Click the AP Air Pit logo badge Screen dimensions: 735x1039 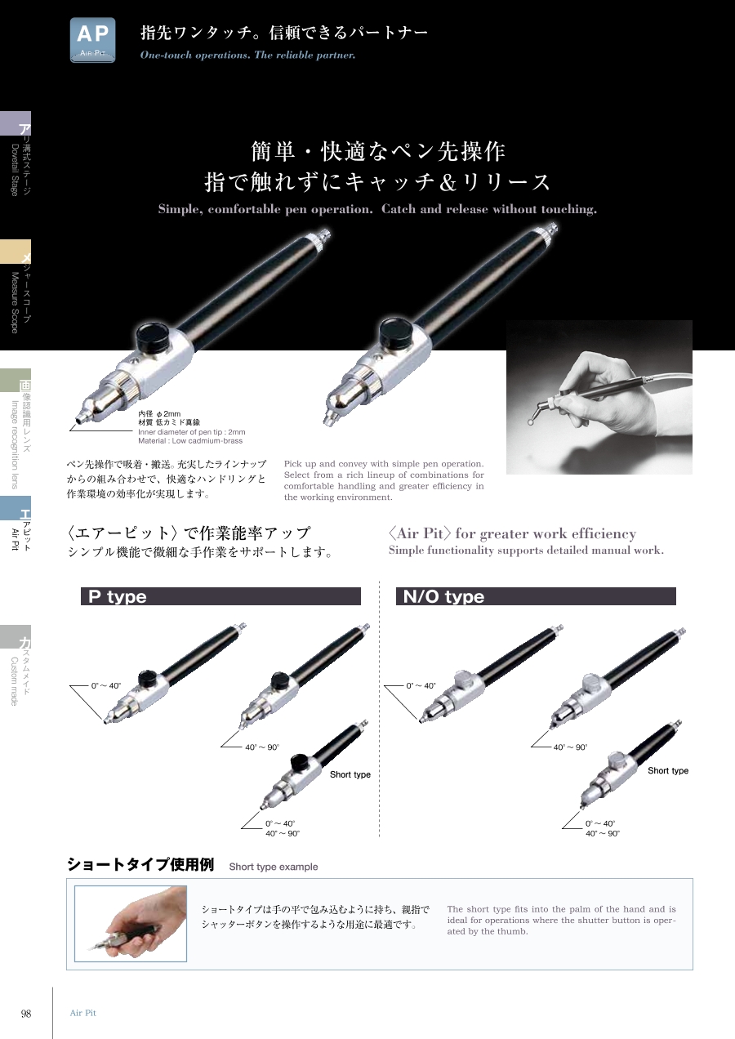click(x=93, y=40)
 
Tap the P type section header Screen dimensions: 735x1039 click(x=220, y=596)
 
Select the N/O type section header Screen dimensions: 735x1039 click(x=536, y=596)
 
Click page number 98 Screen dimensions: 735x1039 click(x=26, y=1014)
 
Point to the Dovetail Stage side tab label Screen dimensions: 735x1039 click(x=15, y=170)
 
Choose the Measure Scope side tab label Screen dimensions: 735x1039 click(x=15, y=302)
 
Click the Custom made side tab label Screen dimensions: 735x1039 click(x=15, y=681)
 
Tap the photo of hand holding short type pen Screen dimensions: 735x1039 click(x=131, y=924)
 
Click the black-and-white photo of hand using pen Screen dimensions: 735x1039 click(x=599, y=397)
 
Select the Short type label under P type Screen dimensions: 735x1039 click(x=350, y=774)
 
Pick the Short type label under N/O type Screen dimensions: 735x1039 click(x=668, y=770)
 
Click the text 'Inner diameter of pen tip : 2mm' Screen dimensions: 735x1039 click(x=192, y=432)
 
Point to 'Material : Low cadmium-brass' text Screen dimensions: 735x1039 click(x=190, y=440)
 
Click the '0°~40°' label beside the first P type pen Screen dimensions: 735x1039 click(x=105, y=685)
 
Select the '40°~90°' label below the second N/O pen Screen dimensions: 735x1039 click(x=570, y=747)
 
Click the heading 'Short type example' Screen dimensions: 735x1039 click(x=273, y=867)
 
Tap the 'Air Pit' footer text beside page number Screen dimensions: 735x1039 click(x=83, y=1013)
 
